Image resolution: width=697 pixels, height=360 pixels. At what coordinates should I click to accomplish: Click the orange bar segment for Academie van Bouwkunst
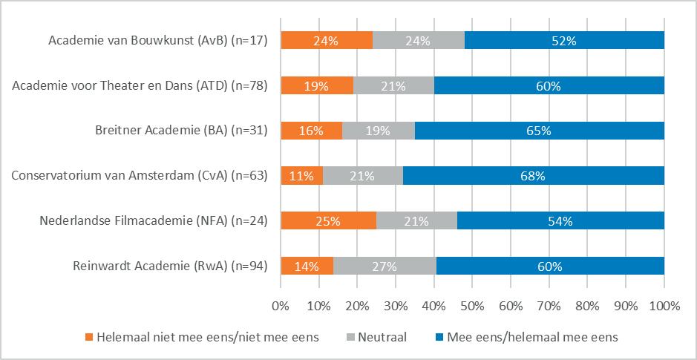(327, 42)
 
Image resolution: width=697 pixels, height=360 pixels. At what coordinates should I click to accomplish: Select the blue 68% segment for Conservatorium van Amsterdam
(533, 176)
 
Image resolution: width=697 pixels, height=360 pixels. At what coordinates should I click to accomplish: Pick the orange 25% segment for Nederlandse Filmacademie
(328, 221)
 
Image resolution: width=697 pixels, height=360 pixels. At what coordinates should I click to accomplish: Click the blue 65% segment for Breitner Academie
(539, 131)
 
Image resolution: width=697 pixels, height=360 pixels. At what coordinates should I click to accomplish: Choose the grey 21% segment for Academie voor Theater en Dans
(393, 86)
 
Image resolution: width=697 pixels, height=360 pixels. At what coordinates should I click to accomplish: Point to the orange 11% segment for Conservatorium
(302, 176)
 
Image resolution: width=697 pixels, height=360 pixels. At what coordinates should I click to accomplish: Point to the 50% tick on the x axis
(472, 305)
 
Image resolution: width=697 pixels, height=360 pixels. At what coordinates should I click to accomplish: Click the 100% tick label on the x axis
(664, 305)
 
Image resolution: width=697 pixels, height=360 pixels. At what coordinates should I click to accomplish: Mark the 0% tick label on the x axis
(281, 305)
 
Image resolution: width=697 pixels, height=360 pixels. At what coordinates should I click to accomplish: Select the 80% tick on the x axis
(587, 305)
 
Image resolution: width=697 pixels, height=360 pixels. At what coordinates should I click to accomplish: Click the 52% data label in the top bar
(564, 42)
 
